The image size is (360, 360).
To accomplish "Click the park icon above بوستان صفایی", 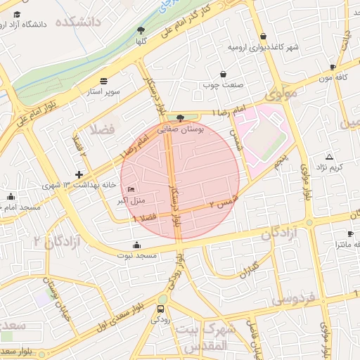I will click(x=181, y=119).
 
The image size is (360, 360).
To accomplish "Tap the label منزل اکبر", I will click(x=130, y=200).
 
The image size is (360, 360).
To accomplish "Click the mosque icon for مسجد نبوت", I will click(x=136, y=245).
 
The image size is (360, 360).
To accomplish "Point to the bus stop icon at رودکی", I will click(x=162, y=308).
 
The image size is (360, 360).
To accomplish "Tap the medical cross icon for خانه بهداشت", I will click(x=79, y=174).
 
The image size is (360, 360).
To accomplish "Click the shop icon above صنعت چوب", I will click(x=224, y=74).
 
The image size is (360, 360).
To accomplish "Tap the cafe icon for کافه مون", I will click(x=333, y=67).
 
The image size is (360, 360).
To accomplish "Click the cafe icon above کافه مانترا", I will click(x=350, y=233).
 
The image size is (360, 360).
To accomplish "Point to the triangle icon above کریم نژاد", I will click(x=329, y=156).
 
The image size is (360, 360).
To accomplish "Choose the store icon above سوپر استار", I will click(x=104, y=81).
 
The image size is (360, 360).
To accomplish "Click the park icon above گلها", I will click(x=141, y=30).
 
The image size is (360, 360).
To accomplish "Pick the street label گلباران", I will click(x=245, y=269).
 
